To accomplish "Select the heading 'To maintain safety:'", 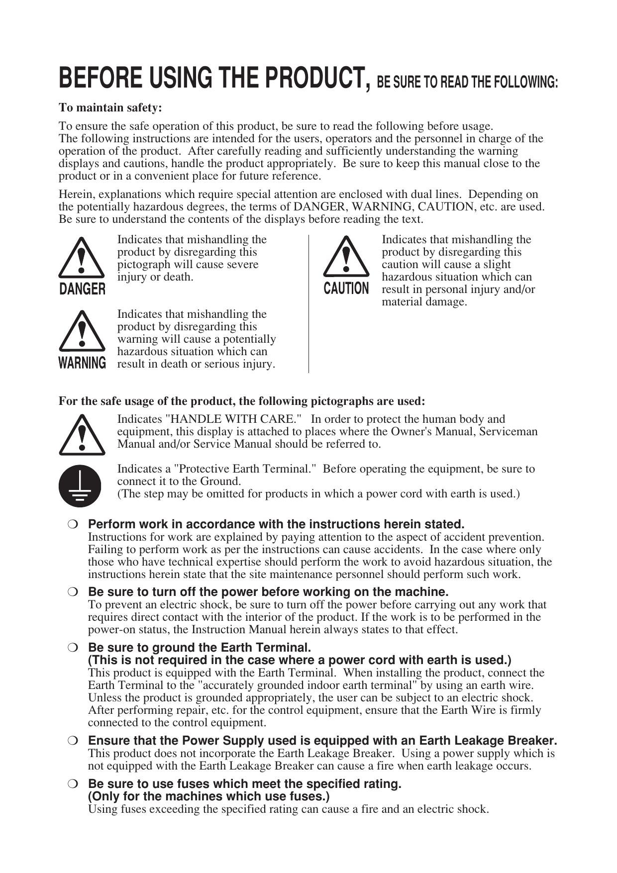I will pyautogui.click(x=110, y=107).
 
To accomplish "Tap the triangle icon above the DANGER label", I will pyautogui.click(x=82, y=258).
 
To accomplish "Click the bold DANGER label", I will pyautogui.click(x=82, y=289).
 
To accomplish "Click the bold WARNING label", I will pyautogui.click(x=82, y=363).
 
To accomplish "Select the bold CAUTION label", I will pyautogui.click(x=346, y=289).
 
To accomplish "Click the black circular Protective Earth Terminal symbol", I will pyautogui.click(x=80, y=485).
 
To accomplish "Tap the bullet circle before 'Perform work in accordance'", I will pyautogui.click(x=73, y=524).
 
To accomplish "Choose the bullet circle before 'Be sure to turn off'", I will pyautogui.click(x=73, y=592).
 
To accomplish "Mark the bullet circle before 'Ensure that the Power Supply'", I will pyautogui.click(x=73, y=740).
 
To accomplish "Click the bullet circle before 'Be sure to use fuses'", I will pyautogui.click(x=73, y=784).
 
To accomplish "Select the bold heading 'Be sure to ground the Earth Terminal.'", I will pyautogui.click(x=199, y=648).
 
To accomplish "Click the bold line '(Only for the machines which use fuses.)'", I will pyautogui.click(x=209, y=796).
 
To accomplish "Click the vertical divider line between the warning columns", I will pyautogui.click(x=308, y=304).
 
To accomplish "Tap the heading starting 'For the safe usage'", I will pyautogui.click(x=242, y=401).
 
